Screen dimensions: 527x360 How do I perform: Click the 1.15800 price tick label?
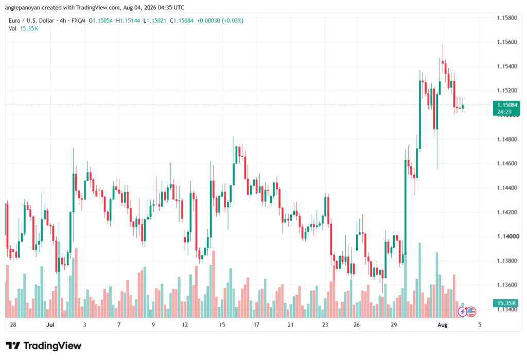(507, 18)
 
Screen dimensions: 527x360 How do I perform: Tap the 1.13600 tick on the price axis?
(507, 285)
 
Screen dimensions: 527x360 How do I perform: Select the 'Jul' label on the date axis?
(50, 324)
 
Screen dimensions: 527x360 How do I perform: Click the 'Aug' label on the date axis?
(442, 324)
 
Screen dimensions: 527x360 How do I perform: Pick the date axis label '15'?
(222, 324)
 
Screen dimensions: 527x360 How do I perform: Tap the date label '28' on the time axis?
(13, 324)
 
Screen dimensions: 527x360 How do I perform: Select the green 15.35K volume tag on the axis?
(506, 303)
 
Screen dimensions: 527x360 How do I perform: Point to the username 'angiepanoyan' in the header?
(23, 7)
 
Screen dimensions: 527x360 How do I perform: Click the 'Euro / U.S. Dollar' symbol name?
(31, 21)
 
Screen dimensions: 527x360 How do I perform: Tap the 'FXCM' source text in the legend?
(78, 21)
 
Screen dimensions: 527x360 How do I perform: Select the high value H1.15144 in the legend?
(128, 21)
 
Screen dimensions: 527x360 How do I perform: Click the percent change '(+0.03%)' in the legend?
(233, 21)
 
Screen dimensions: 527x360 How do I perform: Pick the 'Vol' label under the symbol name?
(12, 29)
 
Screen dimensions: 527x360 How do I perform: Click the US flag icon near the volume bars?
(471, 312)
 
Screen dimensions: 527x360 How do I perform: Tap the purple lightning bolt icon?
(463, 312)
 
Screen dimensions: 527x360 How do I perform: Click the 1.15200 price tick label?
(507, 91)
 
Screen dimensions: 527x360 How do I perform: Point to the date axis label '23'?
(325, 324)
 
